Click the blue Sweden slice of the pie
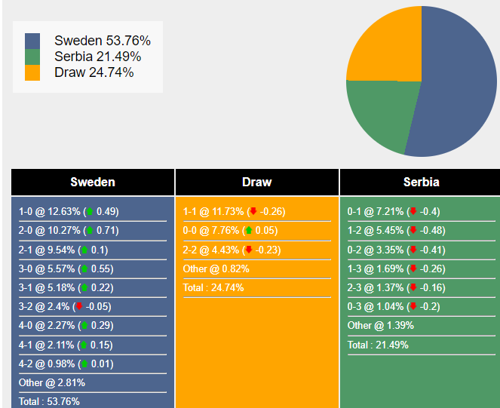click(x=460, y=83)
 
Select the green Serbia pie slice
click(x=377, y=113)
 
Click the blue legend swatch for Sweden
click(x=32, y=41)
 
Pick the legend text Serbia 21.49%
click(x=97, y=57)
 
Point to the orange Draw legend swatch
click(x=32, y=72)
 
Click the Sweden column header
click(x=93, y=182)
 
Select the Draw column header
click(x=257, y=182)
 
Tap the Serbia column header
click(x=421, y=182)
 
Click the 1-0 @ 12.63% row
click(x=69, y=211)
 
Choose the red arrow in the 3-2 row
click(x=78, y=307)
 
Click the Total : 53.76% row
click(x=49, y=401)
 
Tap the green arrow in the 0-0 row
click(x=249, y=231)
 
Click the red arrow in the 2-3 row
click(x=413, y=288)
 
